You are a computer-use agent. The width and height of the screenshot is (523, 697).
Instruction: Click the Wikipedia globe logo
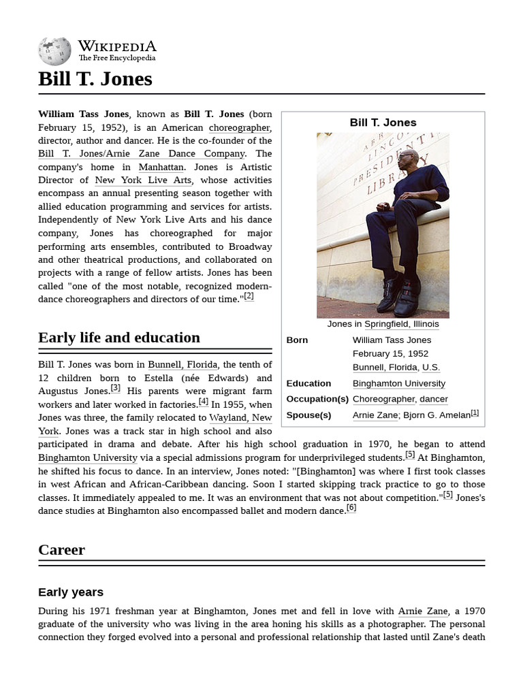54,51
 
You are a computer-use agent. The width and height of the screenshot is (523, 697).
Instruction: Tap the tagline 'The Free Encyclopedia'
116,59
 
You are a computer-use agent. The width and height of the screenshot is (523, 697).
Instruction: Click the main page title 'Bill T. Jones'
95,79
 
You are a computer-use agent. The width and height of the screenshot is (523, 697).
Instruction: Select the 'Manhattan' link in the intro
161,167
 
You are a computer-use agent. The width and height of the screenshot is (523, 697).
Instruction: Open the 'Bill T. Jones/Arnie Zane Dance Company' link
141,154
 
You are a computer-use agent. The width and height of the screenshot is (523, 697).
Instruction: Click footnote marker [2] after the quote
249,296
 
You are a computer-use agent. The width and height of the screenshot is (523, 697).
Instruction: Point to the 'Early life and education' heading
119,338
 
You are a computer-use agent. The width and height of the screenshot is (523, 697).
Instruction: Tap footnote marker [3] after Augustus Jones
116,388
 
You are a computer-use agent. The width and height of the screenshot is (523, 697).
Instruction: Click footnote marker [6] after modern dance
351,508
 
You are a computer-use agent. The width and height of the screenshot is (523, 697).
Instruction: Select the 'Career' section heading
61,550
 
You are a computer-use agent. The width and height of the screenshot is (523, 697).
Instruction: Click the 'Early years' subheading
71,592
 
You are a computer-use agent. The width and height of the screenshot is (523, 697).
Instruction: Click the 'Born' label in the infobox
297,340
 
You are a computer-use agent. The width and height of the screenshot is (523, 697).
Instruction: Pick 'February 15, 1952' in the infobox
390,353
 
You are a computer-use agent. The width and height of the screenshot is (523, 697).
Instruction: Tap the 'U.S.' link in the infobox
430,367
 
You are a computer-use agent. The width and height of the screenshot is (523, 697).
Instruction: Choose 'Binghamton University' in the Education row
398,383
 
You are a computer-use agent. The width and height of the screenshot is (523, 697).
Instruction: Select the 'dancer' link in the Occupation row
433,399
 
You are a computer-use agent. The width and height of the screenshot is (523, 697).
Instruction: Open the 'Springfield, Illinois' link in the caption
401,324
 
